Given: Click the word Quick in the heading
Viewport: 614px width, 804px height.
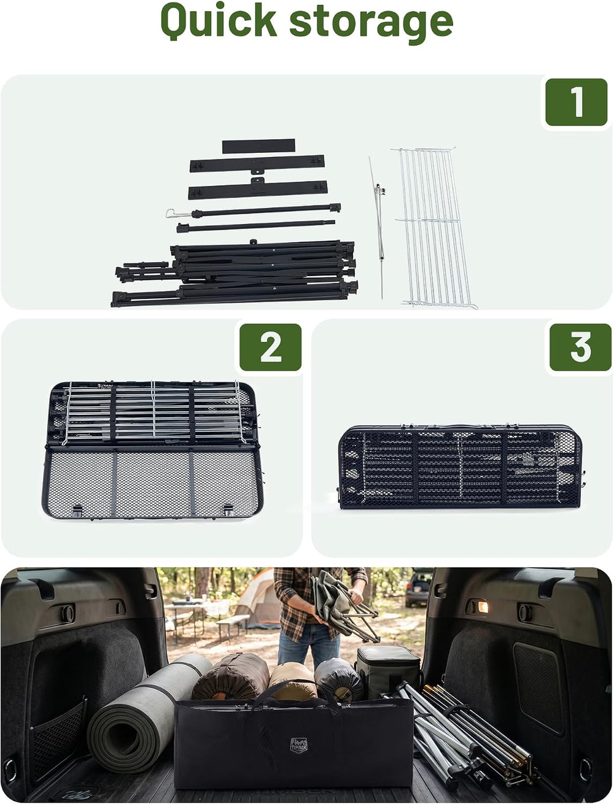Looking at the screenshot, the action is pos(219,21).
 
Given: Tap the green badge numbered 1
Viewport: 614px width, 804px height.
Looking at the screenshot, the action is pos(577,102).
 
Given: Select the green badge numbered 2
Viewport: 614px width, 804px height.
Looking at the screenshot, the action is pos(270,347).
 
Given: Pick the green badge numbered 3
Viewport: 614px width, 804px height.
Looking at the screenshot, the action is pos(580,347).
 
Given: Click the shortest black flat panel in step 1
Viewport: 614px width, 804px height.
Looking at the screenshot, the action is pos(258,146).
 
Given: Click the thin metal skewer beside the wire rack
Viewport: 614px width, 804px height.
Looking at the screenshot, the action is pos(378,227).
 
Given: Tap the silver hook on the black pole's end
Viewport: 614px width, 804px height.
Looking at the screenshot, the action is pos(174,213).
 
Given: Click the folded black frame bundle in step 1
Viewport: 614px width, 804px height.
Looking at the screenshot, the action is pos(235,273).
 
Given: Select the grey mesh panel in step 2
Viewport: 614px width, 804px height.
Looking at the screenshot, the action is pos(152,483).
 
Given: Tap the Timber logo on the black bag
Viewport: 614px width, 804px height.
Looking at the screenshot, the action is pos(298,745).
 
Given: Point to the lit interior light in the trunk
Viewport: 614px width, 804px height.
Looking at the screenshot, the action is pos(483,607).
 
